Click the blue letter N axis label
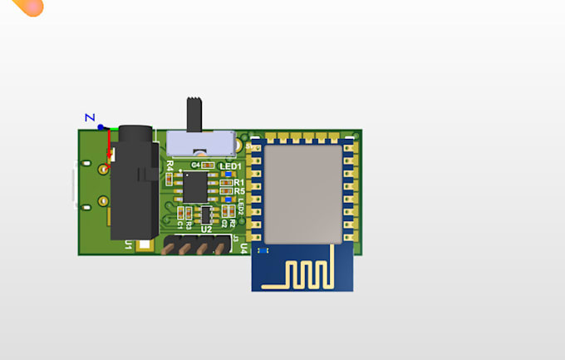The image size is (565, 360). click(91, 117)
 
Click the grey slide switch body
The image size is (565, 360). click(199, 142)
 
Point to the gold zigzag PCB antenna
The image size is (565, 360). click(302, 274)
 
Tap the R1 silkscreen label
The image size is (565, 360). click(238, 182)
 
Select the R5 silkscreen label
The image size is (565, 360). click(238, 191)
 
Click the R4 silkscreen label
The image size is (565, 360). click(169, 165)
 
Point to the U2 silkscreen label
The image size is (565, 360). click(206, 229)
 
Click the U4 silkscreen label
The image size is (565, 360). click(243, 247)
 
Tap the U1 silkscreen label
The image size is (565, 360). click(129, 245)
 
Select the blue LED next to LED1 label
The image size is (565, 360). click(228, 175)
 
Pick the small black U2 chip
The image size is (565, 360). click(208, 214)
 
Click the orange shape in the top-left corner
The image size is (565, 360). click(27, 7)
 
